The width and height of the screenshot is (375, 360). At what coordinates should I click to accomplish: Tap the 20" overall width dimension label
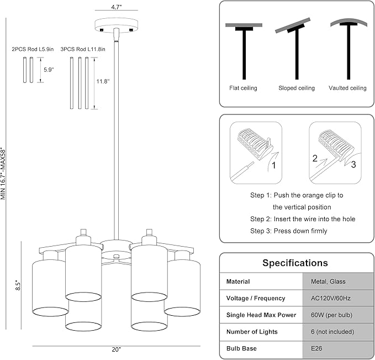pyautogui.click(x=116, y=349)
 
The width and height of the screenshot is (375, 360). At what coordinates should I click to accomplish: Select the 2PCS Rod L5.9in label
pyautogui.click(x=33, y=49)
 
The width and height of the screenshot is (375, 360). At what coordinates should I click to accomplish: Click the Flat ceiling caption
pyautogui.click(x=243, y=88)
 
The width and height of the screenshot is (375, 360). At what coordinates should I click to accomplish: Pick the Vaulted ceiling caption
pyautogui.click(x=347, y=88)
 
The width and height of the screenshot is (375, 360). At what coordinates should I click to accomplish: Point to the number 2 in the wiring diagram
pyautogui.click(x=315, y=158)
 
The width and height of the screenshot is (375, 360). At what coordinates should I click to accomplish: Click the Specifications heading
pyautogui.click(x=295, y=263)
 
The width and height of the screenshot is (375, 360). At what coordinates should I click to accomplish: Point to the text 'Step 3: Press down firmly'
pyautogui.click(x=288, y=231)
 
